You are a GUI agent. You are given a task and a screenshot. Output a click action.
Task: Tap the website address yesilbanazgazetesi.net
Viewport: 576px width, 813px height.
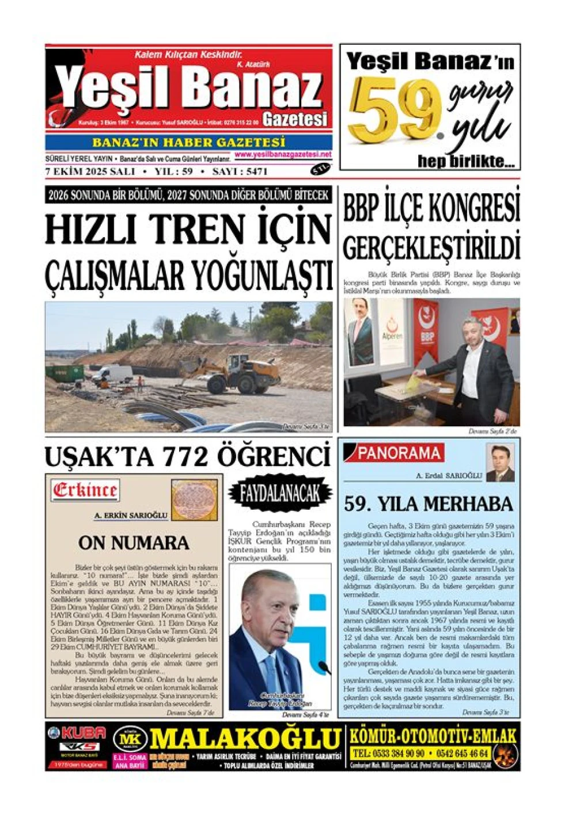click(283, 155)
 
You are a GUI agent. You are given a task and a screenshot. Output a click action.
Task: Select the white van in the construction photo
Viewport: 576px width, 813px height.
click(112, 374)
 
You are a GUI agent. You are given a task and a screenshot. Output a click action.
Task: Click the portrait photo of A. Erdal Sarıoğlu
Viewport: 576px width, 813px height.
click(499, 462)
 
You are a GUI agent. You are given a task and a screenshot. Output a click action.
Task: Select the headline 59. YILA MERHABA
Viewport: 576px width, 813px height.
click(428, 504)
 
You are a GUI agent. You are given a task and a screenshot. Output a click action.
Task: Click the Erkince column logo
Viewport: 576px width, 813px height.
click(85, 490)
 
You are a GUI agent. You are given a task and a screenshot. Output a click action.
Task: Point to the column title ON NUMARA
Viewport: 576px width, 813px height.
click(134, 543)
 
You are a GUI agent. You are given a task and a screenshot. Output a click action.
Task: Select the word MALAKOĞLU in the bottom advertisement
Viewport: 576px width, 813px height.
click(244, 739)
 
